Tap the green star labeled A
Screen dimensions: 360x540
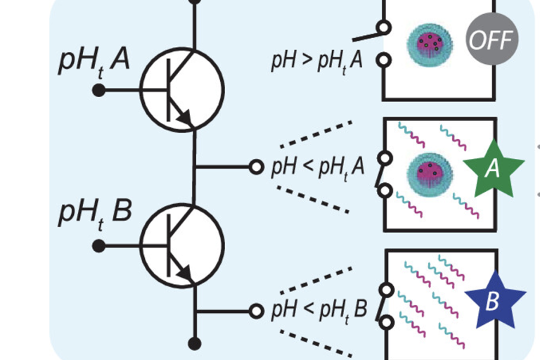click(x=494, y=169)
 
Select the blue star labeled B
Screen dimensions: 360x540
click(x=492, y=300)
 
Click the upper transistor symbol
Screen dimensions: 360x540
click(x=182, y=89)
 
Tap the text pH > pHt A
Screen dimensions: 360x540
click(x=317, y=60)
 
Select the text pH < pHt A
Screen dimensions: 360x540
click(x=318, y=168)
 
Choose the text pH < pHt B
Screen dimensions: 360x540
click(x=319, y=309)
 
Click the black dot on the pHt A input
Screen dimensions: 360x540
click(x=99, y=90)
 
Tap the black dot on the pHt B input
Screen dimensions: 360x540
click(x=99, y=245)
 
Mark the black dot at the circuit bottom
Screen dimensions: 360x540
click(x=195, y=343)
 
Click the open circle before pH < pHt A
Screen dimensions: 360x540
click(x=257, y=167)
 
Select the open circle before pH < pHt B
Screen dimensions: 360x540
click(x=257, y=310)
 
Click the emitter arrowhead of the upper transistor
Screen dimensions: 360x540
click(x=186, y=120)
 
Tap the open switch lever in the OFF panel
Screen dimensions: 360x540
click(x=367, y=33)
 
